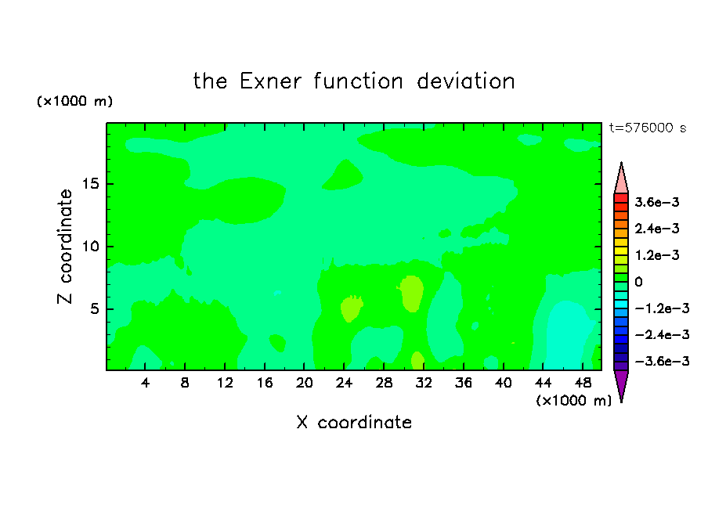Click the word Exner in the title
tap(270, 81)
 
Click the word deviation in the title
tap(465, 81)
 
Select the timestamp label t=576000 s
tap(648, 128)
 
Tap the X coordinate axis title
tap(354, 423)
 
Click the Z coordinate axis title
tap(64, 246)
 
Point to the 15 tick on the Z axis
tap(91, 184)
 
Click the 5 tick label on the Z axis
tap(95, 308)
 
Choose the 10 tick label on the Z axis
tap(90, 247)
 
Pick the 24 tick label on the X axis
tap(344, 383)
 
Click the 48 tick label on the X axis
tap(583, 383)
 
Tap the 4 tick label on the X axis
tap(145, 383)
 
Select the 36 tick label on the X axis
tap(464, 383)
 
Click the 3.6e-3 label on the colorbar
tap(657, 202)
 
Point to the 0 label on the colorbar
tap(638, 282)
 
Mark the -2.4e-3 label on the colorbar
tap(662, 335)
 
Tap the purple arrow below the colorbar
tap(621, 384)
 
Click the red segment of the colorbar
tap(621, 198)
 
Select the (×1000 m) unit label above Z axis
tap(74, 101)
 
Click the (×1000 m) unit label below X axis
tap(573, 401)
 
